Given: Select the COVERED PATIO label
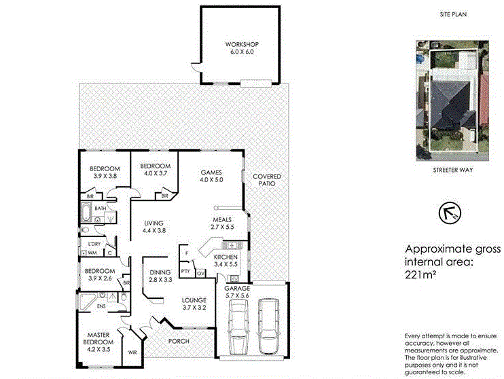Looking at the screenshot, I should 267,180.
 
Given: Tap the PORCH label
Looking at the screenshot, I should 178,341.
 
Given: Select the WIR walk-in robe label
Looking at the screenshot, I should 133,353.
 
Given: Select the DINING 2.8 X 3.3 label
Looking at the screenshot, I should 160,275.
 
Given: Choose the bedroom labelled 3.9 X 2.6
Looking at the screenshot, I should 99,273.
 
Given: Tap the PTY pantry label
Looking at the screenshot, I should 185,271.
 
